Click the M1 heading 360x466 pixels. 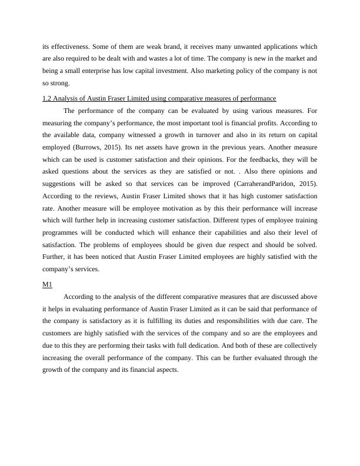click(x=47, y=284)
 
